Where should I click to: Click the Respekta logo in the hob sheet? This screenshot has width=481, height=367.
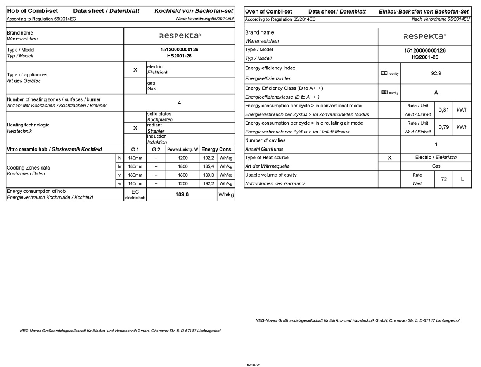(x=180, y=36)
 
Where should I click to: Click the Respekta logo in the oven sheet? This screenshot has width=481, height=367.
(x=425, y=36)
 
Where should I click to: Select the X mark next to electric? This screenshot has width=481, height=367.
(x=135, y=70)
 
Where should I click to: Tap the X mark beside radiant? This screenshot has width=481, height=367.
(x=135, y=128)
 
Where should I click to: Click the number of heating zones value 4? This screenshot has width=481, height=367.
(x=179, y=103)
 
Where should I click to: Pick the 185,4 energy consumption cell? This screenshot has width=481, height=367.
(x=208, y=166)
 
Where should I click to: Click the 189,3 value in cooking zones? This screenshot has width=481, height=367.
(x=208, y=175)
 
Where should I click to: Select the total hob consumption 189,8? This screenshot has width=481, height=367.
(x=182, y=194)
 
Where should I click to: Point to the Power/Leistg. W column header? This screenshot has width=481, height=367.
(x=182, y=149)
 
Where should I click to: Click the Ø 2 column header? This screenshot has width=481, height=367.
(x=156, y=149)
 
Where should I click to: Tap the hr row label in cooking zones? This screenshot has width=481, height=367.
(x=119, y=166)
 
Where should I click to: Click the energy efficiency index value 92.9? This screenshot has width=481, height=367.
(x=436, y=73)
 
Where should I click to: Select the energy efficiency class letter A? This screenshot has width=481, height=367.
(x=436, y=93)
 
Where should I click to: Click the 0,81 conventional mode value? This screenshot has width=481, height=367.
(x=443, y=110)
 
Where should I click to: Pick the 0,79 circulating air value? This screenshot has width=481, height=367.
(x=443, y=127)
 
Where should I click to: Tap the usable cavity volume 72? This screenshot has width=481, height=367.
(x=443, y=179)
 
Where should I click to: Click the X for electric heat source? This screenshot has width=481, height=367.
(x=389, y=158)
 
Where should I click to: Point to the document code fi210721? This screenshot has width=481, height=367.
(x=254, y=365)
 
